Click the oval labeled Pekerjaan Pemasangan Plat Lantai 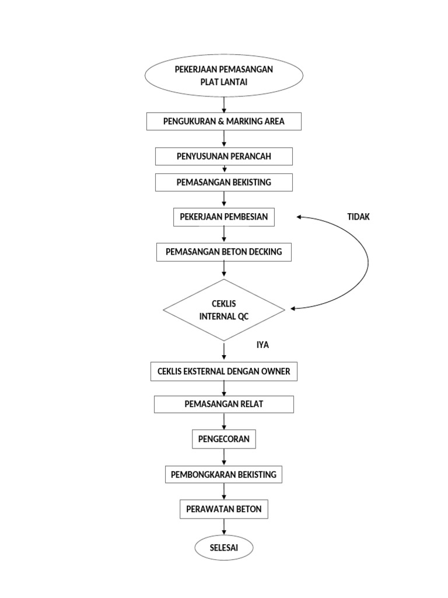pos(224,76)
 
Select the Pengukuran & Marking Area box pos(224,121)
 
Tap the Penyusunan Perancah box pos(224,157)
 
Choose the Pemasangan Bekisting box pos(224,182)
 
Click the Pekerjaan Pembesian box pos(224,217)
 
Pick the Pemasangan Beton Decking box pos(224,252)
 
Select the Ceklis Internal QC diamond pos(224,310)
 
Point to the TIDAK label pos(358,217)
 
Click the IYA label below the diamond pos(262,345)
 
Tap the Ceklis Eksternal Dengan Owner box pos(224,371)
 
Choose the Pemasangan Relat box pos(224,404)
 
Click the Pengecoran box pos(224,439)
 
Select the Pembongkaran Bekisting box pos(224,474)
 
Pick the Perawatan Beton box pos(224,509)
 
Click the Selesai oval pos(224,548)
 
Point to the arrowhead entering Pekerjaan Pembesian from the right pos(300,217)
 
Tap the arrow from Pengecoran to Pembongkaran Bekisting pos(224,457)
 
